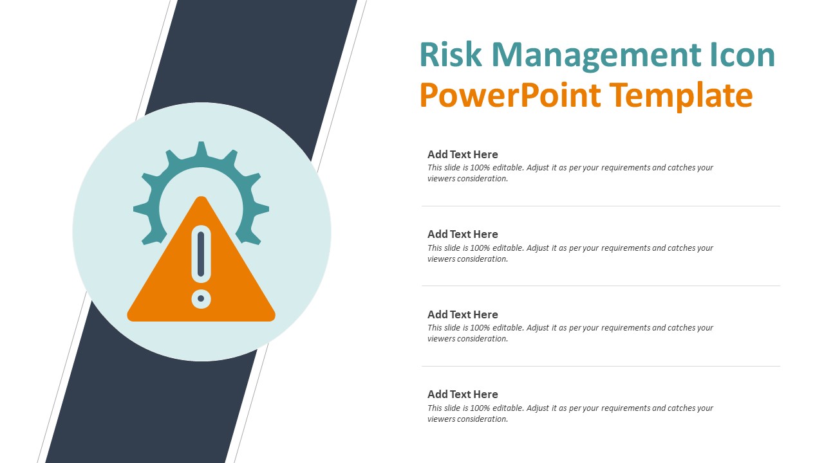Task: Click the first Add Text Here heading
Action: point(462,154)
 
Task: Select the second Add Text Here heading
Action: point(462,234)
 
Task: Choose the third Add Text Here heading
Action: point(462,314)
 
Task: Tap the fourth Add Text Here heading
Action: point(462,394)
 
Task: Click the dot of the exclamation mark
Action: point(201,298)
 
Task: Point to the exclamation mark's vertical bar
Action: point(201,253)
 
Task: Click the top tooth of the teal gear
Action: point(201,148)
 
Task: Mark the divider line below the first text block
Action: point(601,206)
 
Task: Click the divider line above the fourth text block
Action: point(601,366)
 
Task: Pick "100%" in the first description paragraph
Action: point(480,167)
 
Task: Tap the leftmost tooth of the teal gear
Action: point(138,208)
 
